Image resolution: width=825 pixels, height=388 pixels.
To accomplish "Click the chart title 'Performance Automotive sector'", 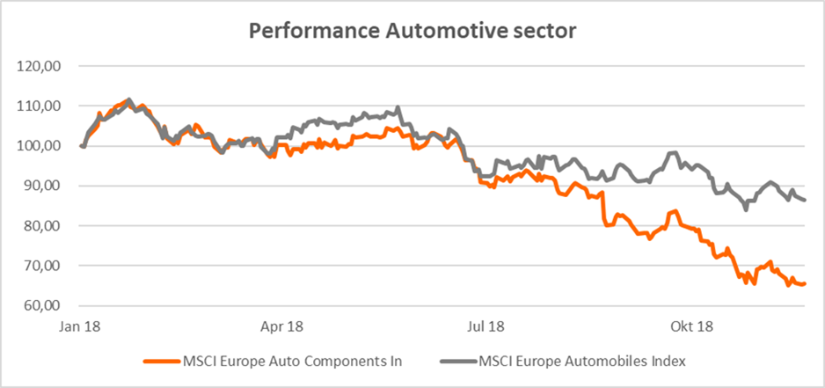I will [x=412, y=31].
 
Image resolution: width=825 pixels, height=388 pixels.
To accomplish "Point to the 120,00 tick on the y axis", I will [x=42, y=66].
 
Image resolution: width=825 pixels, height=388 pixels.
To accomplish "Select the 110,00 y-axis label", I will [x=42, y=106].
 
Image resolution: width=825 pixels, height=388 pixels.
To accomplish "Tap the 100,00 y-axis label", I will [x=42, y=146].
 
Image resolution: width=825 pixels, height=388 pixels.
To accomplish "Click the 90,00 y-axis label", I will [x=45, y=186].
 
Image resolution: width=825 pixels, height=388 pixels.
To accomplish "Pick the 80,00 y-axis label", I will [x=45, y=226].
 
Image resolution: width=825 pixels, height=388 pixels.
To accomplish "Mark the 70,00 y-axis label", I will [x=45, y=266].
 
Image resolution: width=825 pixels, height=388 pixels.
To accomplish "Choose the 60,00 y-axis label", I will [x=45, y=306].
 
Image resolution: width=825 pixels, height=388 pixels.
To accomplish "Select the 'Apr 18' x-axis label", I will [x=283, y=326].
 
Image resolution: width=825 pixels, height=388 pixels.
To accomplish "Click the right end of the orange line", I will [x=806, y=283].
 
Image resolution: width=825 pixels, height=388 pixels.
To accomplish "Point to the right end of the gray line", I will [x=806, y=200].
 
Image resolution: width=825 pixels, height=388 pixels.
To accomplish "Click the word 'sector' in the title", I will [x=539, y=31].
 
